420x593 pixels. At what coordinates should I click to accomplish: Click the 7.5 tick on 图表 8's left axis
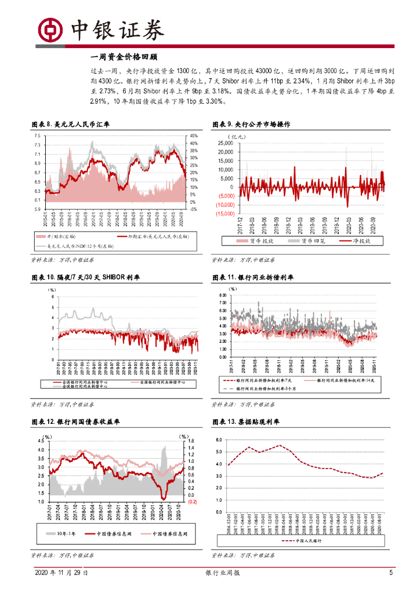click(37, 136)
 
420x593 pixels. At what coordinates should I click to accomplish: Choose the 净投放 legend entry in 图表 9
click(357, 240)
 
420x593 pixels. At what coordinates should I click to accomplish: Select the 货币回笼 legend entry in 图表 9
click(306, 240)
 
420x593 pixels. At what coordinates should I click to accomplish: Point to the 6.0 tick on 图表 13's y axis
click(219, 440)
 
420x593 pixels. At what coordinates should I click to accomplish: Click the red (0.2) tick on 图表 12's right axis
click(192, 502)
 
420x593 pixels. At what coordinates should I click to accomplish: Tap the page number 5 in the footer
click(390, 573)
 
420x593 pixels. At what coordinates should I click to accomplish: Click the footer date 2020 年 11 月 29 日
click(61, 573)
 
